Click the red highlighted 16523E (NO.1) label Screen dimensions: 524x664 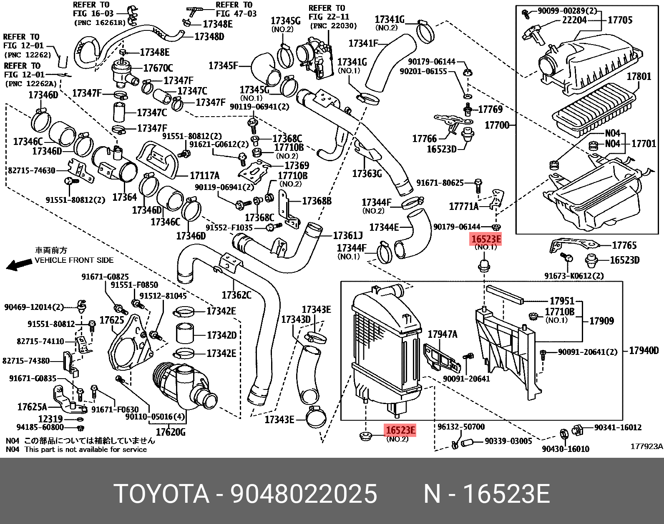485,240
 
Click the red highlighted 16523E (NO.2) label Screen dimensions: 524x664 400,430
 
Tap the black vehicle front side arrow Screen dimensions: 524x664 19,264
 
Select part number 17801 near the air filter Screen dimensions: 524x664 639,76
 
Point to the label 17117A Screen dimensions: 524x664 204,176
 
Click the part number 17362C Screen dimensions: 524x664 236,295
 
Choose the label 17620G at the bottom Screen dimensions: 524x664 171,432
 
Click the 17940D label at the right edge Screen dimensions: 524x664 644,351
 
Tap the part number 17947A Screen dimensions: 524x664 443,334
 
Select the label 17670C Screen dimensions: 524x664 158,68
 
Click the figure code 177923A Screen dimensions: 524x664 646,447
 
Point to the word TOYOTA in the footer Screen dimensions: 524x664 161,494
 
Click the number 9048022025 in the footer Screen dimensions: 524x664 304,494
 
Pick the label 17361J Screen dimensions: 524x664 348,236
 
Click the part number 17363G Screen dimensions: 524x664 367,174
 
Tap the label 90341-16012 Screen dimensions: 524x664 618,427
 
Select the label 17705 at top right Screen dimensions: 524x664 620,20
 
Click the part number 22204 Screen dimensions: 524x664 574,20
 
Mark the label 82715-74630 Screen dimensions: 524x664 32,170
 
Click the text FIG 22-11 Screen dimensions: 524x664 329,17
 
